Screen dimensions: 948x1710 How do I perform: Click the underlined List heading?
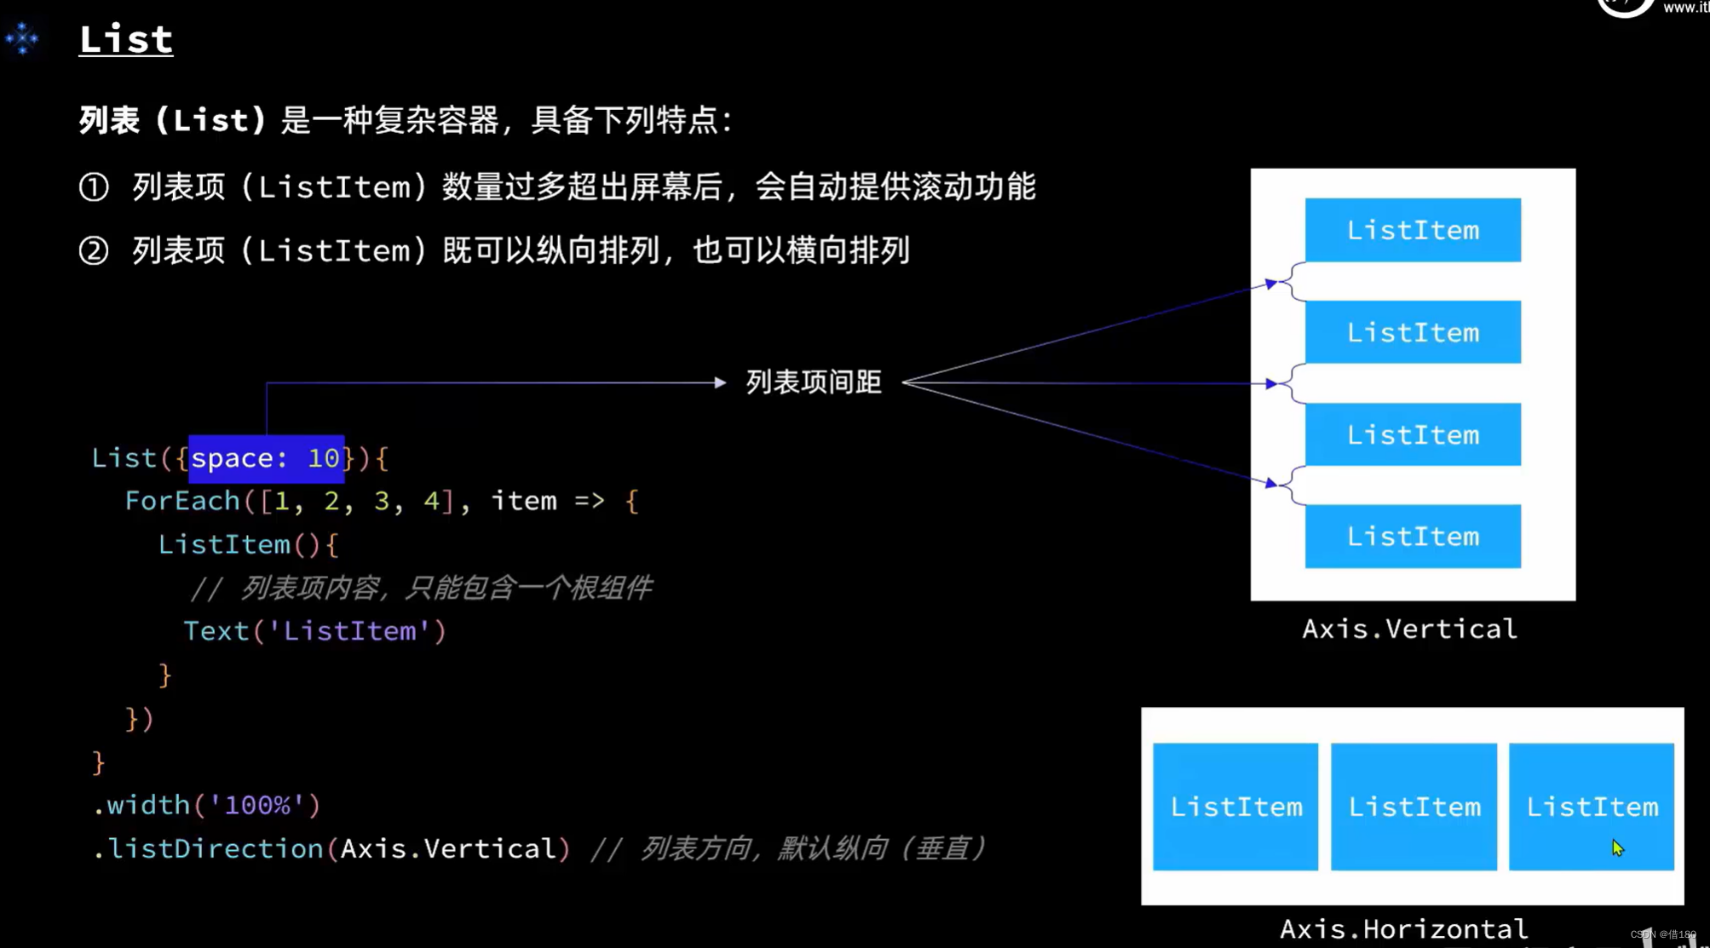(x=125, y=39)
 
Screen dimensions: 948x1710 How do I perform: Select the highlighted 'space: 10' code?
(x=266, y=458)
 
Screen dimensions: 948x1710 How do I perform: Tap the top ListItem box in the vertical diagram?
(x=1413, y=230)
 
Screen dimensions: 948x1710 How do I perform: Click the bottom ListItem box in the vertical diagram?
(x=1413, y=537)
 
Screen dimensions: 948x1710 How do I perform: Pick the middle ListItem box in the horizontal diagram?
(x=1413, y=807)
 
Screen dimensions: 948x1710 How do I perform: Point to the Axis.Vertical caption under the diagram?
(x=1409, y=629)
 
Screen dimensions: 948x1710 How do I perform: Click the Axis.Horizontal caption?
(x=1403, y=928)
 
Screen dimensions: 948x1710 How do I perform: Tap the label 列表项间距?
(x=814, y=382)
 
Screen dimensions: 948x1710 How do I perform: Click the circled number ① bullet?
(x=94, y=187)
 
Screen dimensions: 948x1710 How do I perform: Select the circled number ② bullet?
(x=94, y=251)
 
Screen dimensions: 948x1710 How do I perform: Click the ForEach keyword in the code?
(x=182, y=501)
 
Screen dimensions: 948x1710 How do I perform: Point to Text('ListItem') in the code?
(x=314, y=631)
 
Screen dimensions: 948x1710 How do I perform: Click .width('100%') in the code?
(x=207, y=805)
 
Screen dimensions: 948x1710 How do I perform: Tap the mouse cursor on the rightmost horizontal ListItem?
(x=1617, y=847)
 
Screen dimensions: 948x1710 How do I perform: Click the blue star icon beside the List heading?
(x=22, y=38)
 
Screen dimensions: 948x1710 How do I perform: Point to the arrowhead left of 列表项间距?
(x=720, y=383)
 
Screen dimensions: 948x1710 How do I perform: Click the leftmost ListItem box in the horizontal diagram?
(x=1235, y=807)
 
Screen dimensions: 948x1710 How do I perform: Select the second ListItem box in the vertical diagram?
(x=1413, y=332)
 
